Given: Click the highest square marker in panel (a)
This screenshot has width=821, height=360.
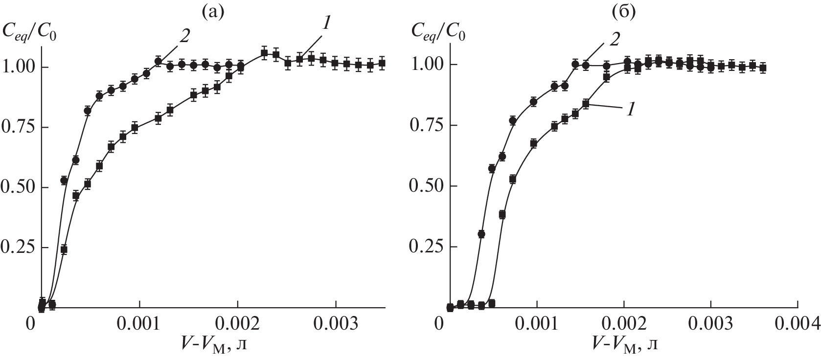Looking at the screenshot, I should tap(264, 53).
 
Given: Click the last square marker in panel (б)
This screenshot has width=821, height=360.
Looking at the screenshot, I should tap(762, 68).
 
